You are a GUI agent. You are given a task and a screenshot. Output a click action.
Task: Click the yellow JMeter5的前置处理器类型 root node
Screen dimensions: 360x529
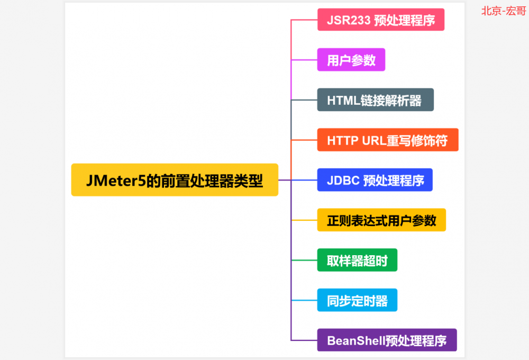tap(175, 180)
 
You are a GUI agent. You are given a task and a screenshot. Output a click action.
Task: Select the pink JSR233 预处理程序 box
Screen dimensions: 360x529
tap(381, 20)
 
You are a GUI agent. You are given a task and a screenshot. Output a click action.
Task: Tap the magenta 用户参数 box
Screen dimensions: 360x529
tap(351, 60)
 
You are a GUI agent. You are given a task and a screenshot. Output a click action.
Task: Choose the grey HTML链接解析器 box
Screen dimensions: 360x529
tap(375, 100)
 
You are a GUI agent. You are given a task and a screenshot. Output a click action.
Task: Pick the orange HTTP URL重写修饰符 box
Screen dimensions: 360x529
tap(388, 140)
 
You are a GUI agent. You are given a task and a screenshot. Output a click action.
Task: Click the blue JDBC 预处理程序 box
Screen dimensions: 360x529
tap(375, 180)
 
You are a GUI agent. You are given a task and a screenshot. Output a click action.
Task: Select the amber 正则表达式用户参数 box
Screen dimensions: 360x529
tap(381, 220)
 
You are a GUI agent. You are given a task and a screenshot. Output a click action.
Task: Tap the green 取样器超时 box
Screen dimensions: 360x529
tap(357, 260)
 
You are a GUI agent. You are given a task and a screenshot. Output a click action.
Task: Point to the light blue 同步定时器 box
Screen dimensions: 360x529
tap(357, 301)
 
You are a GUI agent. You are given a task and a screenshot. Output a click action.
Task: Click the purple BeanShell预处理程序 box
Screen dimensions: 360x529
tap(387, 340)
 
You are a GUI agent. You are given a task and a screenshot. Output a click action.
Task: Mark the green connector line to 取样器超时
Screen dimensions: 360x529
tap(304, 260)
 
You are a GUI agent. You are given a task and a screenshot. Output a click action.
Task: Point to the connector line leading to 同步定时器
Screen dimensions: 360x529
tap(304, 301)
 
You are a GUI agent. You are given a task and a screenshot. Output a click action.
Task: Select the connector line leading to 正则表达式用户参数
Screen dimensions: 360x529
tap(304, 220)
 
